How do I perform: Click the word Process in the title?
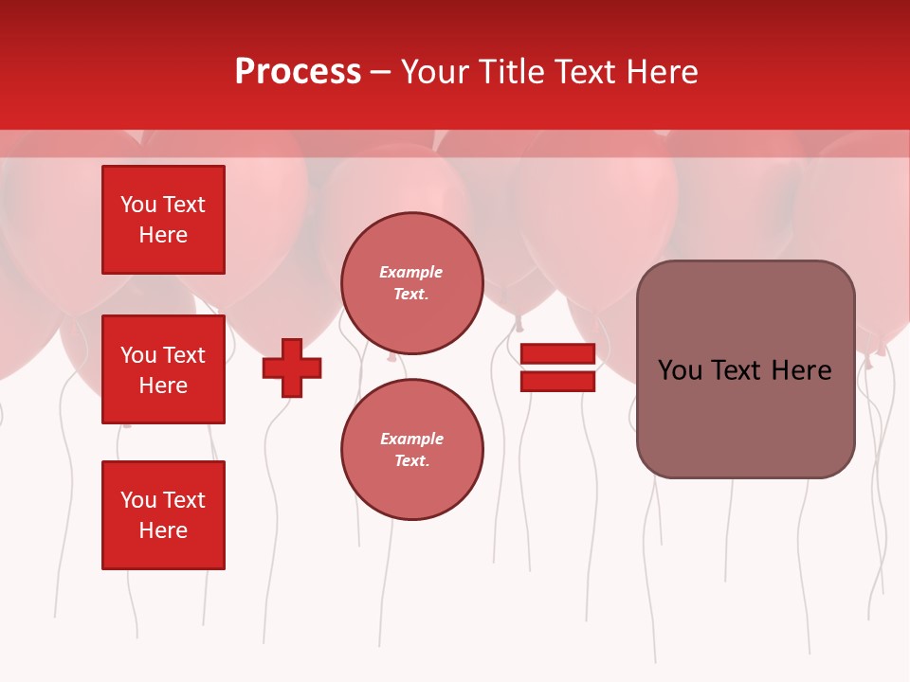[x=298, y=72]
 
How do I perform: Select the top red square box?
[x=163, y=220]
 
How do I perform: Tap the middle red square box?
[x=163, y=369]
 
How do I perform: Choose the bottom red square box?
[x=163, y=515]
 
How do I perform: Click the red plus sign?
[x=292, y=368]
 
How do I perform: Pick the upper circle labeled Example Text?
[x=411, y=282]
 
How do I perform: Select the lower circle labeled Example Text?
[x=411, y=449]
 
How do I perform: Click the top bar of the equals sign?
[x=557, y=354]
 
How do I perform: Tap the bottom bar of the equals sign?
[x=557, y=382]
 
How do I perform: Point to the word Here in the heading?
[x=661, y=72]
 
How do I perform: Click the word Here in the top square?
[x=163, y=235]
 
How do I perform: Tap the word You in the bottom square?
[x=138, y=500]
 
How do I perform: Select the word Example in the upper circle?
[x=411, y=272]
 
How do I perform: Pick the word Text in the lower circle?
[x=411, y=460]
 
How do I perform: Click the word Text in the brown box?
[x=741, y=370]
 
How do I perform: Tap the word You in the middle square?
[x=138, y=355]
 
